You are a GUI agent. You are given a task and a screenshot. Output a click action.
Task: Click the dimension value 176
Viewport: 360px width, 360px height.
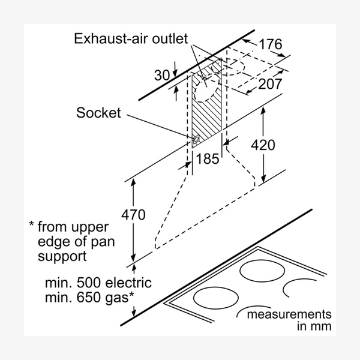tap(271, 44)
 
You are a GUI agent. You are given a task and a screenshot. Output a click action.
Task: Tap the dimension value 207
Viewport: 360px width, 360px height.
tap(270, 84)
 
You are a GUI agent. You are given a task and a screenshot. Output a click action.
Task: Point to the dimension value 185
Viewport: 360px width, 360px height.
tap(207, 159)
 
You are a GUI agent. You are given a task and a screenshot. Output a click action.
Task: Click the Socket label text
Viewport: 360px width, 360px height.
tap(99, 113)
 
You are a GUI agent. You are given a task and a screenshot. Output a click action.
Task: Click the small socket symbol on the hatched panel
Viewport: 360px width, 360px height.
tap(196, 141)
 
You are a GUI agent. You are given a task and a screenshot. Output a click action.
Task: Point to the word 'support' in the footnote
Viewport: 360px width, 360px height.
tap(62, 256)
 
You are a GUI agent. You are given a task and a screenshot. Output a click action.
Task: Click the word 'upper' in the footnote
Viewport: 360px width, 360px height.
tap(90, 227)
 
